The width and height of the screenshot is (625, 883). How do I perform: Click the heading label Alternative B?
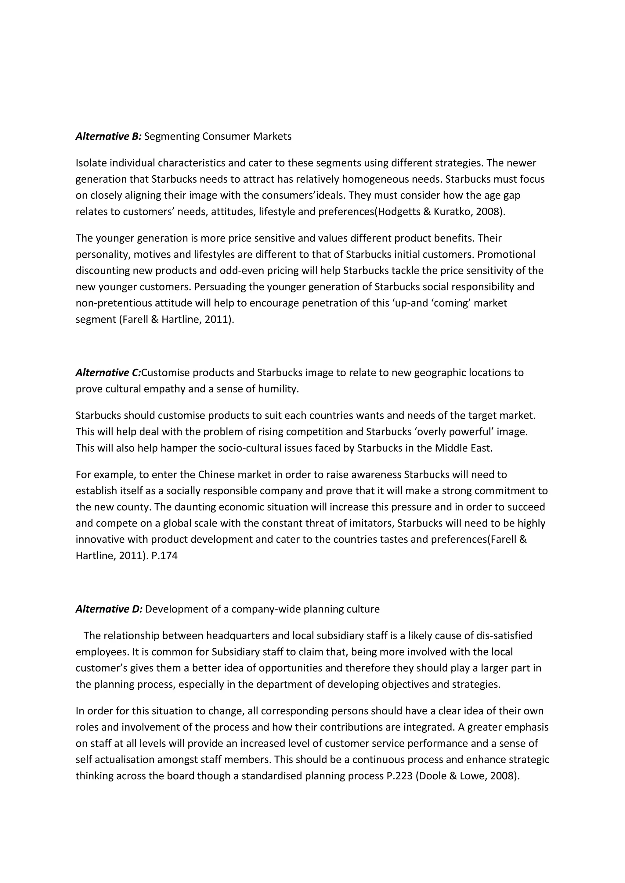(109, 137)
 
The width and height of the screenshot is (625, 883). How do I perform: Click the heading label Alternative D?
(109, 609)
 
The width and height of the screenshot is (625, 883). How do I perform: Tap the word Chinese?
(216, 474)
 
